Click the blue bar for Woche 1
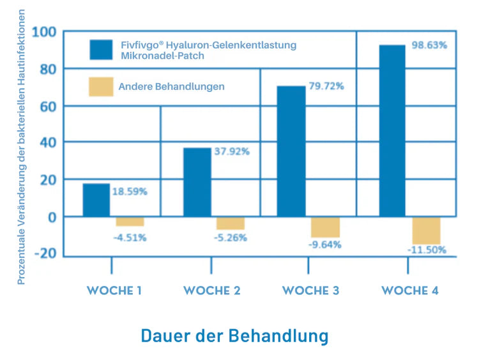click(x=96, y=200)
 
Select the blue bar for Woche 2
click(x=197, y=183)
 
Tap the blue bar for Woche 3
click(x=291, y=152)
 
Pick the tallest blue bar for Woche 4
click(x=392, y=131)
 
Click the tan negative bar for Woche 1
click(x=130, y=221)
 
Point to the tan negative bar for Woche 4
click(x=426, y=230)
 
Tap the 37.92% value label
click(x=231, y=152)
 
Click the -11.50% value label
click(x=427, y=250)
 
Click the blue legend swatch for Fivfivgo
click(x=101, y=50)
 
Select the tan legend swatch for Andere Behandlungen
click(x=101, y=86)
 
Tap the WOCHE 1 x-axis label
click(x=114, y=290)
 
